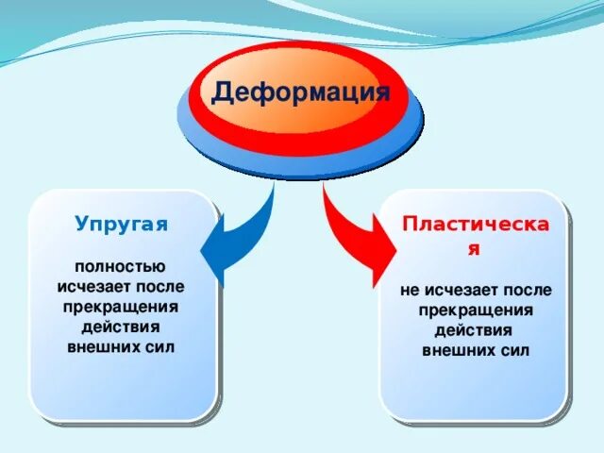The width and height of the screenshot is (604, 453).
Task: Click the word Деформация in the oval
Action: (300, 92)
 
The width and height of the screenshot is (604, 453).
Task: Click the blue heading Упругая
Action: (121, 224)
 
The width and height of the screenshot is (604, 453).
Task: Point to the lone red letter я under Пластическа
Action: (475, 250)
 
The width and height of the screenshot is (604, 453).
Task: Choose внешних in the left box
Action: (105, 346)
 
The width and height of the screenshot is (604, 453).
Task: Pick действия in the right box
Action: (475, 330)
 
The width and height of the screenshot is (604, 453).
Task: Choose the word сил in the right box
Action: (514, 350)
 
